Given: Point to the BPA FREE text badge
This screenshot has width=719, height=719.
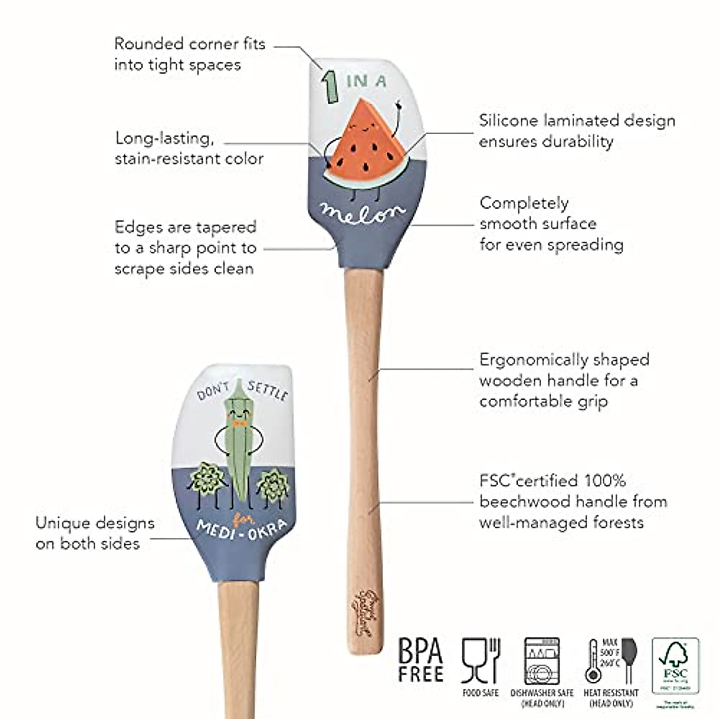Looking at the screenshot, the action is (421, 660).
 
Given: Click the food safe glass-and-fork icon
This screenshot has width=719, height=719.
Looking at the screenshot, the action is (481, 661).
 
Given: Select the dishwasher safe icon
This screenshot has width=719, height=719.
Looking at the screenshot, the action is (542, 661).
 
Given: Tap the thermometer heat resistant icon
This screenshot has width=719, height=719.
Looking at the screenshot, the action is (593, 661).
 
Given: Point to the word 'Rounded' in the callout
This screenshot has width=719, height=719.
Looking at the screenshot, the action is (149, 44).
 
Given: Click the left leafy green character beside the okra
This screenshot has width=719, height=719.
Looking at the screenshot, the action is (207, 479).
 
